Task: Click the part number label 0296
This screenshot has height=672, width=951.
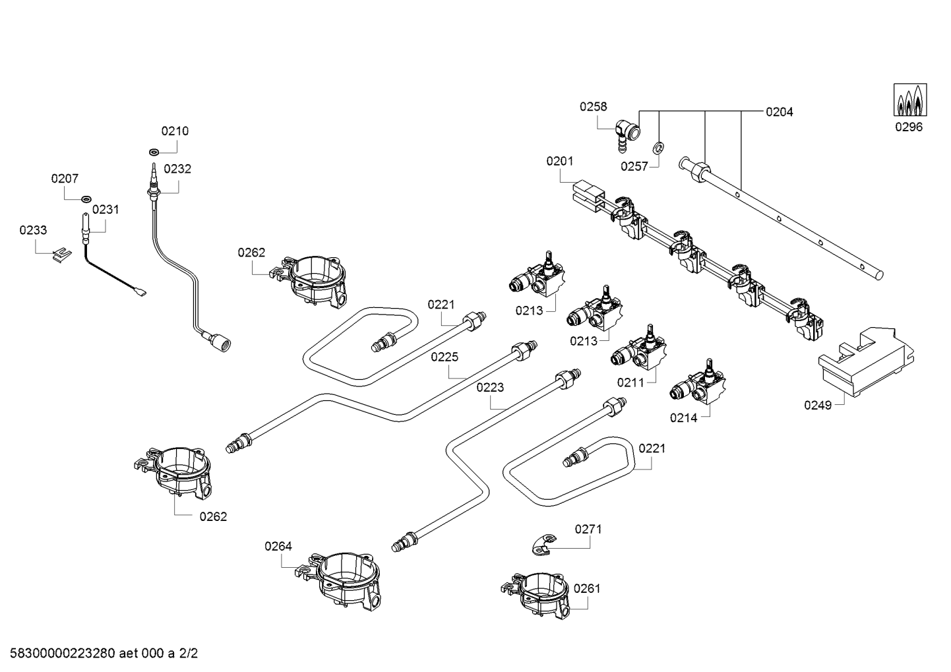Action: [908, 127]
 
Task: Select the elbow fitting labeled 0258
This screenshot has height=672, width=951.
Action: [627, 133]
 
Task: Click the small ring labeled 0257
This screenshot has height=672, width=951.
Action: [658, 146]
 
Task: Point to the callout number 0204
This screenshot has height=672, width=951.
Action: [779, 112]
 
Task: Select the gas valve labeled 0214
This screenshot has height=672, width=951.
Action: [701, 386]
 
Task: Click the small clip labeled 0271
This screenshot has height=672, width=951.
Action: [541, 545]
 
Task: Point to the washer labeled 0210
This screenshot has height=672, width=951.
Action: [154, 152]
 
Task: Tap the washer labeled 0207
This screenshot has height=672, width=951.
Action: [86, 199]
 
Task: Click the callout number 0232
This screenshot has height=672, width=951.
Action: [177, 169]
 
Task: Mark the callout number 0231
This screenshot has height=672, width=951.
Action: [106, 210]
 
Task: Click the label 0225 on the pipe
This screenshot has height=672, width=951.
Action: [445, 357]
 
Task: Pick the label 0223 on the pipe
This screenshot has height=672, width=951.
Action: [490, 387]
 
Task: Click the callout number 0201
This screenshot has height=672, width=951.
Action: [559, 161]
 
